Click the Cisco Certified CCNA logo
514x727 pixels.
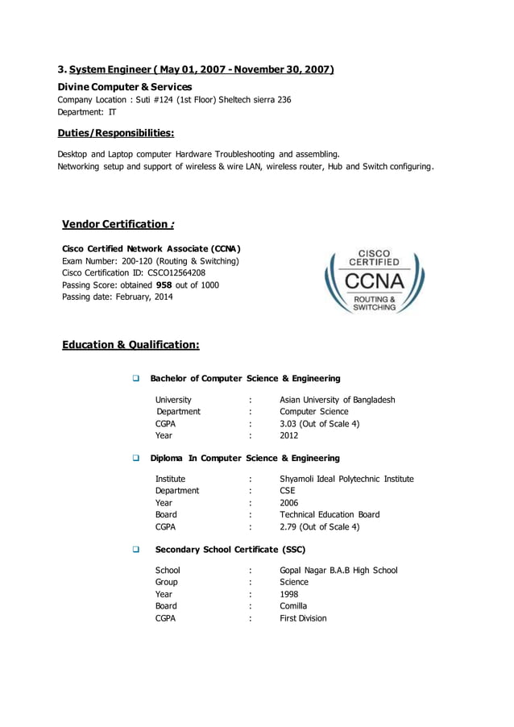374,281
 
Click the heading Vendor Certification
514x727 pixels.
119,224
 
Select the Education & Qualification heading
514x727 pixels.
131,345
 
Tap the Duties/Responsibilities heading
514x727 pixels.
115,133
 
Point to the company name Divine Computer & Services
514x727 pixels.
124,86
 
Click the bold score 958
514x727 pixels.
164,285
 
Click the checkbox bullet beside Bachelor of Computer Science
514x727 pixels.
136,379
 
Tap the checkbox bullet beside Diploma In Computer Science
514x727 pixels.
136,459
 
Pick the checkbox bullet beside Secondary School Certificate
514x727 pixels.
136,550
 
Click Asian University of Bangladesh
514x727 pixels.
337,400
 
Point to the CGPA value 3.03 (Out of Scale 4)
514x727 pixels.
319,424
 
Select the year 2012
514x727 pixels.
288,436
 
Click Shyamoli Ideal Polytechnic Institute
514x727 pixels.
346,479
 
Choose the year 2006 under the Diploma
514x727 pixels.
288,503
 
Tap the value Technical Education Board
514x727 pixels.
330,515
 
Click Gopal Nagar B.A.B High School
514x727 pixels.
338,571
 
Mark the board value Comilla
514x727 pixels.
293,606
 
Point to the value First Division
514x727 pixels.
303,618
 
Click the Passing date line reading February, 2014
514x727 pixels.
117,297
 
